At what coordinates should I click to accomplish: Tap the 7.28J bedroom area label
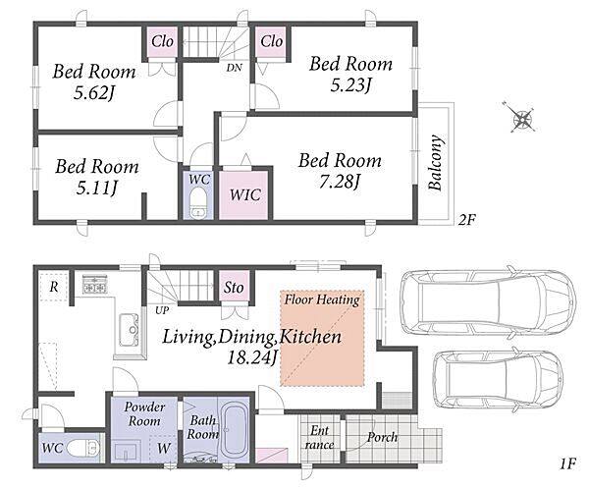click(340, 183)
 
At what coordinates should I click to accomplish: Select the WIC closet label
click(244, 194)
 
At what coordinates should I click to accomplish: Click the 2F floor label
click(467, 220)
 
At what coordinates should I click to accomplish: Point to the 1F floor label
click(567, 464)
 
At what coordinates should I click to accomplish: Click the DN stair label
click(234, 68)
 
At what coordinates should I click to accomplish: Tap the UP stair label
click(162, 310)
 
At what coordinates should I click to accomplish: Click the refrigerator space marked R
click(53, 287)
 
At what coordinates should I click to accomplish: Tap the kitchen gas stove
click(94, 285)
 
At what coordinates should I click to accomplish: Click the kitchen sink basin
click(130, 330)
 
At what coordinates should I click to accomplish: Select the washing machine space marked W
click(164, 448)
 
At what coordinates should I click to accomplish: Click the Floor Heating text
click(322, 299)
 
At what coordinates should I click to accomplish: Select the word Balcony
click(436, 162)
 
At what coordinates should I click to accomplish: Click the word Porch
click(383, 437)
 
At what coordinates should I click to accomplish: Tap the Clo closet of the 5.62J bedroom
click(162, 41)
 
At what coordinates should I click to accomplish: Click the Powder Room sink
click(127, 451)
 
